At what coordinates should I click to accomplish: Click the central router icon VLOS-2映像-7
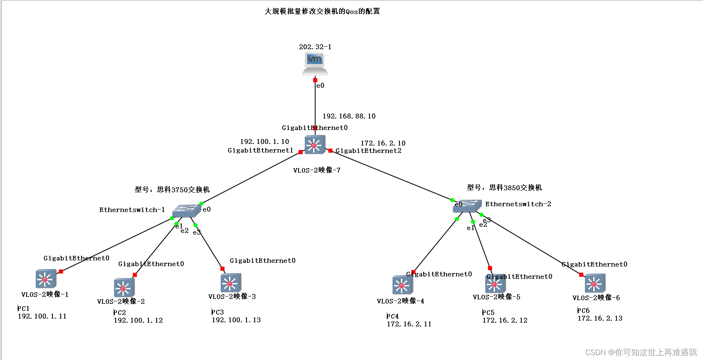tap(315, 145)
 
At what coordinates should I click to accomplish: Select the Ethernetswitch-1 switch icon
tap(187, 211)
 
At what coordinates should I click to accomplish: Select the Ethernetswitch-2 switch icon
tap(467, 206)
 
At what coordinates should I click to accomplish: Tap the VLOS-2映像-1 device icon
tap(46, 279)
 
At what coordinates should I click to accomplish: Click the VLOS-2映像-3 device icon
tap(231, 283)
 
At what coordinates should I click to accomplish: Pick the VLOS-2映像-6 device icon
tap(595, 283)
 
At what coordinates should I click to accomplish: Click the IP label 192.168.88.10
tap(349, 116)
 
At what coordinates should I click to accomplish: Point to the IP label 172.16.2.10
tap(383, 143)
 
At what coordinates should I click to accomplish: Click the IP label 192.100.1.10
tap(264, 141)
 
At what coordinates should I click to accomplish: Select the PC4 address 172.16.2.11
tap(409, 324)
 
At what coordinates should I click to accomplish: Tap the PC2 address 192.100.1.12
tap(138, 320)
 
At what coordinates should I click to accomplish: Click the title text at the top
tap(322, 11)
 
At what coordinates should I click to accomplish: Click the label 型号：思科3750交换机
tap(172, 189)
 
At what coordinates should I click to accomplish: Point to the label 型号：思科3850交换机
tap(504, 187)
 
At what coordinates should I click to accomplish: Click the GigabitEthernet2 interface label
tap(368, 151)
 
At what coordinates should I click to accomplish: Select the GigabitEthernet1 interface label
tap(260, 150)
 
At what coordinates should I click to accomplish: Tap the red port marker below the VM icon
tap(315, 80)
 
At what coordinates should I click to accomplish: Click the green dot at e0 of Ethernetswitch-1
tap(201, 203)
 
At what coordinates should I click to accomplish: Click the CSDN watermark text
tap(641, 352)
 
